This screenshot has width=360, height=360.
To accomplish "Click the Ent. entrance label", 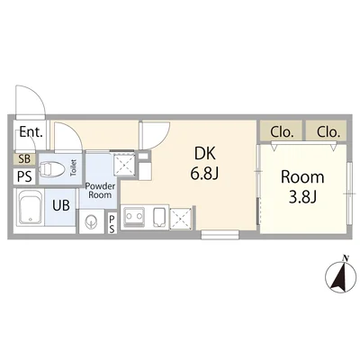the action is pyautogui.click(x=31, y=132).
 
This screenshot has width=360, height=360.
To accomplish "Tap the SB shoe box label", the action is pyautogui.click(x=24, y=159).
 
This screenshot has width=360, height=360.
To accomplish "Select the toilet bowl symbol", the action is pyautogui.click(x=52, y=169).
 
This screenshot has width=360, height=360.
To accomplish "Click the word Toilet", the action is pyautogui.click(x=74, y=168).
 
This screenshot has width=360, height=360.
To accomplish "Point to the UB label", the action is pyautogui.click(x=61, y=205).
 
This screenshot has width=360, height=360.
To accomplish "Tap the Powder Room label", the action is pyautogui.click(x=100, y=191).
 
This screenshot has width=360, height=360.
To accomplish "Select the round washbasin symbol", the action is pyautogui.click(x=91, y=221).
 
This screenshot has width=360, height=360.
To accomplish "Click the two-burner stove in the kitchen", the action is pyautogui.click(x=134, y=218).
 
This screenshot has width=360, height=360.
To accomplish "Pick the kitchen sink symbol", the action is pyautogui.click(x=160, y=217).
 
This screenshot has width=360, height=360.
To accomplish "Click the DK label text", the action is pyautogui.click(x=205, y=153).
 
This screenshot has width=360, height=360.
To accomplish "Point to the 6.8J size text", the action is pyautogui.click(x=205, y=173).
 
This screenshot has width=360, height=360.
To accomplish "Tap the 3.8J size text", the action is pyautogui.click(x=302, y=197).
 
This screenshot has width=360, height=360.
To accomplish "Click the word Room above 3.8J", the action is pyautogui.click(x=302, y=177).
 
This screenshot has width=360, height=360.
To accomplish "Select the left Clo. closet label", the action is pyautogui.click(x=282, y=132).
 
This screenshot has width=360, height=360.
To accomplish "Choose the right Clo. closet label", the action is pyautogui.click(x=328, y=132).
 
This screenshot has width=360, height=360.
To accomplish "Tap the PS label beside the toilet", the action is pyautogui.click(x=24, y=176).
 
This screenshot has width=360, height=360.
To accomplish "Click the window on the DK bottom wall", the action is pyautogui.click(x=220, y=234).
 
